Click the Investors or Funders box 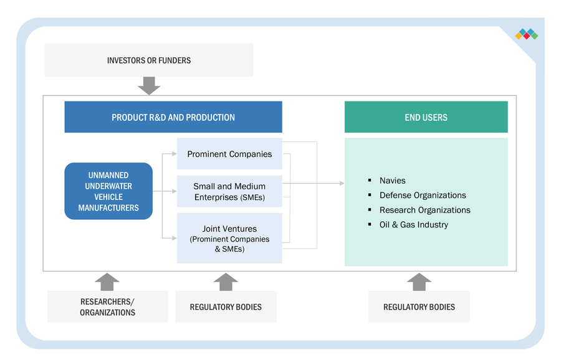[149, 60]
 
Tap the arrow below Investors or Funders [149, 85]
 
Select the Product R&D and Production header [173, 117]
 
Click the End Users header [426, 117]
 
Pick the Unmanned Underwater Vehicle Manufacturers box [108, 191]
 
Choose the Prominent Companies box [229, 154]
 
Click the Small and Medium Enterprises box [229, 191]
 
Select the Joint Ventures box [229, 238]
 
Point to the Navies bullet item [392, 181]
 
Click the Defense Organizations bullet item [422, 195]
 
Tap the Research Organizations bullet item [424, 210]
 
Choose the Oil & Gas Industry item [413, 225]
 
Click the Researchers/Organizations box [107, 306]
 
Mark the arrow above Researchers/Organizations [107, 282]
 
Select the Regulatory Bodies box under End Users [419, 306]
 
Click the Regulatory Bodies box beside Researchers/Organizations [226, 306]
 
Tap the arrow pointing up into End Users [419, 282]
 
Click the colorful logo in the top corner [526, 34]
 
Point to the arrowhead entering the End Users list [342, 183]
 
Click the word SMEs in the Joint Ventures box [233, 249]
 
